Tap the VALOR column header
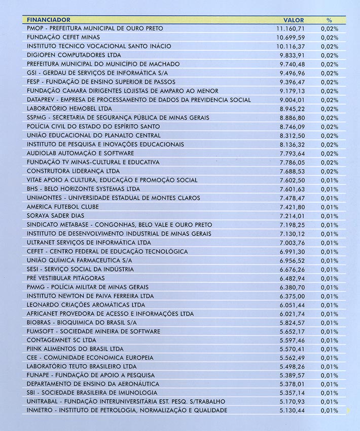[x=294, y=20]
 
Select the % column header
[x=329, y=20]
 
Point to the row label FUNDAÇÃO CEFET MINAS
[x=63, y=37]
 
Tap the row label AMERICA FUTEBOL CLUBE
[x=63, y=207]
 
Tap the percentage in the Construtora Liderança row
[x=330, y=171]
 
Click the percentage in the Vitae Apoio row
[x=330, y=180]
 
